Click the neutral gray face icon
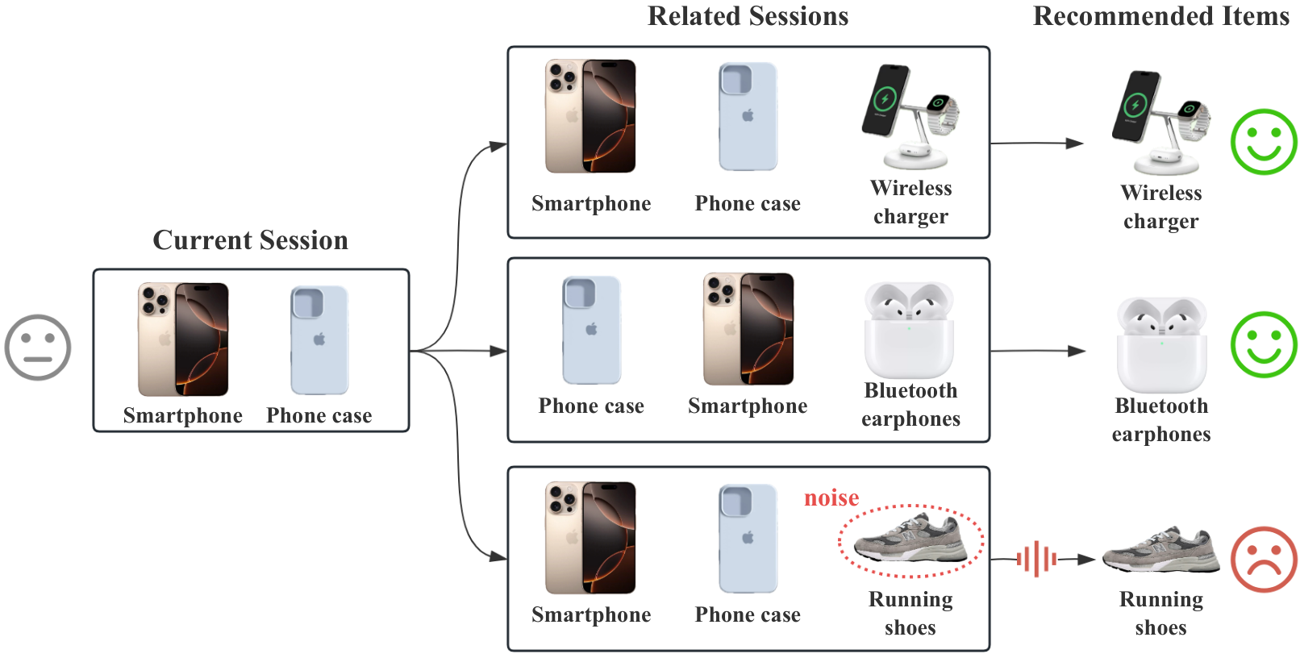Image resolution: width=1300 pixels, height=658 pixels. (x=38, y=348)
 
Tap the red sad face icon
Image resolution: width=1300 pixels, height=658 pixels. (x=1264, y=560)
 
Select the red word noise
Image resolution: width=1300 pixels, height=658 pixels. (x=831, y=498)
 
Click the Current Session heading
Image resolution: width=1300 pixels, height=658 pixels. (x=250, y=239)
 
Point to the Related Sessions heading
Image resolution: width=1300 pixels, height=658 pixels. (x=748, y=15)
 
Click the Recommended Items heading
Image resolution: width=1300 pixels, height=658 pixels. (x=1161, y=15)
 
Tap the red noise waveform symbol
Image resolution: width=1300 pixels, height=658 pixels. (x=1036, y=560)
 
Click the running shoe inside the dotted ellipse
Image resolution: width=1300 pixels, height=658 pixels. (x=910, y=538)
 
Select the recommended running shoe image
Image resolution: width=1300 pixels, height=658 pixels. (x=1160, y=551)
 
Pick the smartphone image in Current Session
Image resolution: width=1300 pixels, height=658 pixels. (x=183, y=339)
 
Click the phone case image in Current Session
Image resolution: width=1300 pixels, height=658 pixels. (x=319, y=340)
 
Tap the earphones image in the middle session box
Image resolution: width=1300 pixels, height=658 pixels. (x=909, y=330)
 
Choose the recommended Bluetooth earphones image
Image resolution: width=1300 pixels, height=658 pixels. (x=1161, y=345)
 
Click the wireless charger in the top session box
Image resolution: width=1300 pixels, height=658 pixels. (x=910, y=117)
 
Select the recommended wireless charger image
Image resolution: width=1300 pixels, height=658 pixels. (x=1160, y=123)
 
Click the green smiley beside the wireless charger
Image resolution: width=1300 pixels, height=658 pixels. (x=1264, y=142)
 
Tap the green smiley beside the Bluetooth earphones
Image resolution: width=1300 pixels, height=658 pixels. (x=1264, y=344)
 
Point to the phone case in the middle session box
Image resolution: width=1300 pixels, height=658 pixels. (x=591, y=330)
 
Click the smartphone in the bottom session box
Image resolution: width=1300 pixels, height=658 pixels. (x=590, y=538)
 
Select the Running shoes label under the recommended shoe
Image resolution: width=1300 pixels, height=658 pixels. (x=1160, y=614)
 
